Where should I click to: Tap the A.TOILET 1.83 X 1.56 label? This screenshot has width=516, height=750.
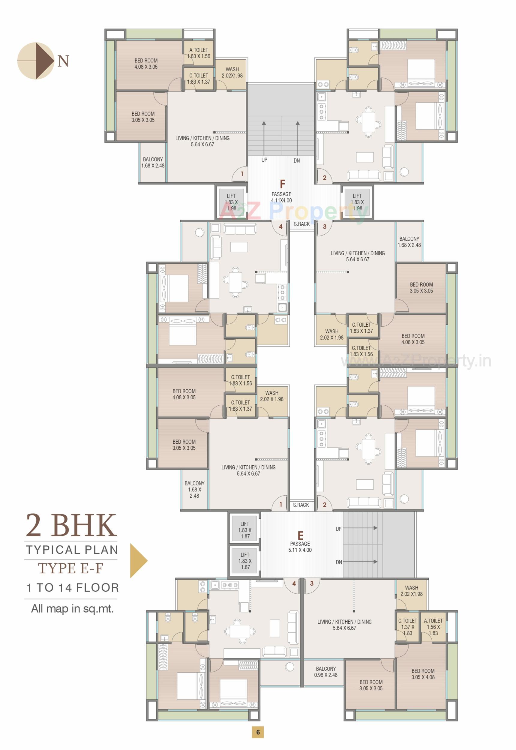[199, 53]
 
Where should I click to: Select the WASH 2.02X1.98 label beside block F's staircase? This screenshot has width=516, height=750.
[232, 72]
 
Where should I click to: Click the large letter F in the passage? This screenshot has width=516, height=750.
[282, 184]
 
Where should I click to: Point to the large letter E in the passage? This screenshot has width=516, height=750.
[300, 536]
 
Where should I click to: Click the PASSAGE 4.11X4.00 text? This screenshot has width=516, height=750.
[281, 197]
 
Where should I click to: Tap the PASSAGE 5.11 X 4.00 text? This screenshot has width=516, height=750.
[300, 547]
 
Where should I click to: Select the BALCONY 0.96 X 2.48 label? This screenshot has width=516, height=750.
[325, 672]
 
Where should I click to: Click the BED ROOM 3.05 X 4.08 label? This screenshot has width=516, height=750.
[423, 674]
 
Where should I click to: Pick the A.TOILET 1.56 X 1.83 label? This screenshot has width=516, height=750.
[433, 627]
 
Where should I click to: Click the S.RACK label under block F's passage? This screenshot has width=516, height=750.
[301, 224]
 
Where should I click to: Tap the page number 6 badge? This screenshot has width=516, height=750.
[258, 732]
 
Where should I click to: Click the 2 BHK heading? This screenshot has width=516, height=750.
[71, 526]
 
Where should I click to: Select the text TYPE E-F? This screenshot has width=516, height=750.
[71, 568]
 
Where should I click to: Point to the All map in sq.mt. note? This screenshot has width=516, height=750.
[72, 609]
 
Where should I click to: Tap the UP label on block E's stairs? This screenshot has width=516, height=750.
[338, 529]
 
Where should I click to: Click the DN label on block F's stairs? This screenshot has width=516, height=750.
[296, 161]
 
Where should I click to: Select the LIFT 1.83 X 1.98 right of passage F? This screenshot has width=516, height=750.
[357, 202]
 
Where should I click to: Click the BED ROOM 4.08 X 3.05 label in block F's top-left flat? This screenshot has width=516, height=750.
[146, 64]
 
